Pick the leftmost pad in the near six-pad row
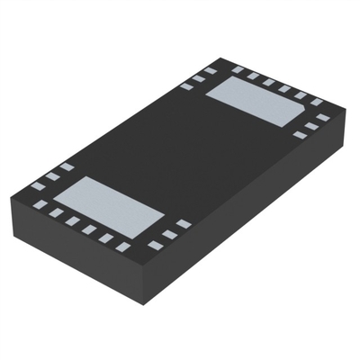coord(40,204)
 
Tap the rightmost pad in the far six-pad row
coord(318,103)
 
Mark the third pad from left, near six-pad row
coord(73,221)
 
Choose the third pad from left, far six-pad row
coord(269,82)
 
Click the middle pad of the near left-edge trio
coord(53,175)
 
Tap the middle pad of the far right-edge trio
coord(311,125)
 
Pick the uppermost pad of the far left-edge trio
coord(211,70)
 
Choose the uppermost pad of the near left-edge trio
coord(67,166)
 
